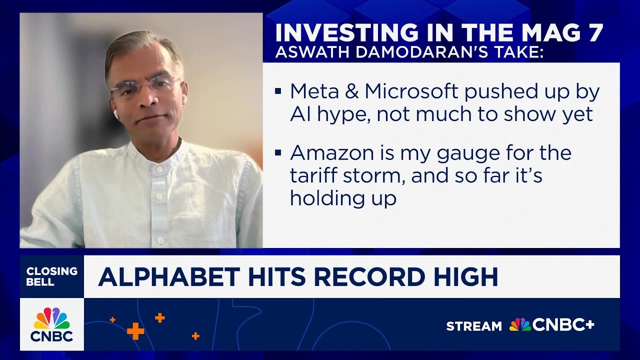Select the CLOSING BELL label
pyautogui.click(x=51, y=276)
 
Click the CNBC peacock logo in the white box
pyautogui.click(x=51, y=318)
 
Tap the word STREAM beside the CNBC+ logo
pyautogui.click(x=473, y=326)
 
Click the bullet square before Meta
pyautogui.click(x=278, y=92)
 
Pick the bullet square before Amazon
pyautogui.click(x=278, y=152)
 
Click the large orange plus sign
pyautogui.click(x=135, y=330)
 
